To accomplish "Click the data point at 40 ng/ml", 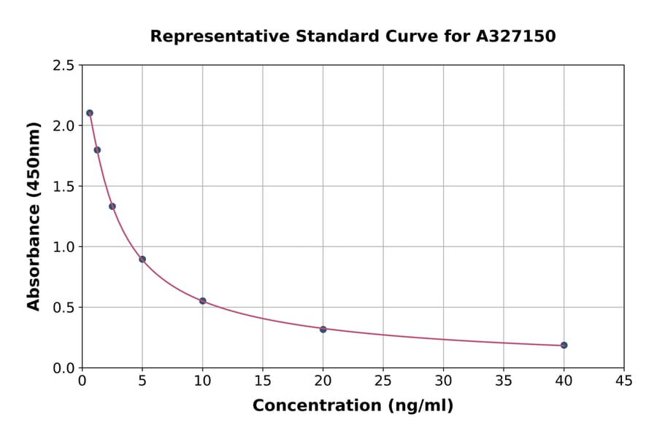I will tap(564, 345).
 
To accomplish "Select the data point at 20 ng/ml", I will tap(323, 329).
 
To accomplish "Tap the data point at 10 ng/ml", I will tap(202, 300).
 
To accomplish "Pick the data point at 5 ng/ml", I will tap(142, 259).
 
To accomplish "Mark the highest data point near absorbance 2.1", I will tap(90, 113).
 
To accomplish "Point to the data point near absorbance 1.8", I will tap(97, 150).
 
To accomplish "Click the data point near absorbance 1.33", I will tap(112, 206).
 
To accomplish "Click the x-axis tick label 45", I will tap(623, 381).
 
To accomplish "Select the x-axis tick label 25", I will tap(383, 381).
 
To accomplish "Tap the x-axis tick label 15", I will tap(263, 381).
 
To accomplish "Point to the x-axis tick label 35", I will tap(503, 381).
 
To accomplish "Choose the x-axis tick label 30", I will tap(443, 381).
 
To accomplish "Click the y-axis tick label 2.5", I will tap(64, 66).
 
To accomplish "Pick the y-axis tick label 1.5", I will tap(64, 187).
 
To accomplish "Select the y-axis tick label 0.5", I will tap(64, 308).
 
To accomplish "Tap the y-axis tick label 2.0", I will tap(64, 126).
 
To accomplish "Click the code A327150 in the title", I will tap(516, 36).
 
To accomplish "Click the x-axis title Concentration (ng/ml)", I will tap(353, 405).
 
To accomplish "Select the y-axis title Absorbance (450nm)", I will tap(34, 216).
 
